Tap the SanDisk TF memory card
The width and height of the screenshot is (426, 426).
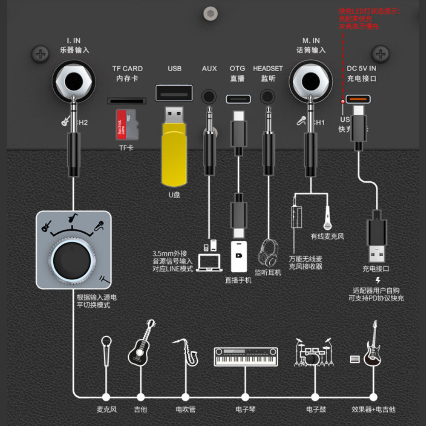[128, 124]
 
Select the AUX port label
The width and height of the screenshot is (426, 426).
[209, 68]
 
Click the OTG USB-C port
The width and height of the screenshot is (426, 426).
[239, 99]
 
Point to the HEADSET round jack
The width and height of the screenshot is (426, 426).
[268, 96]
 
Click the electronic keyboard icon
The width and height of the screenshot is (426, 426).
[246, 357]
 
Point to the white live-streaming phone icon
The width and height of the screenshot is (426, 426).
[239, 256]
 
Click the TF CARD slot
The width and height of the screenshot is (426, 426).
[127, 101]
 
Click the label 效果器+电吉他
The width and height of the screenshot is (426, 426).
[373, 409]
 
